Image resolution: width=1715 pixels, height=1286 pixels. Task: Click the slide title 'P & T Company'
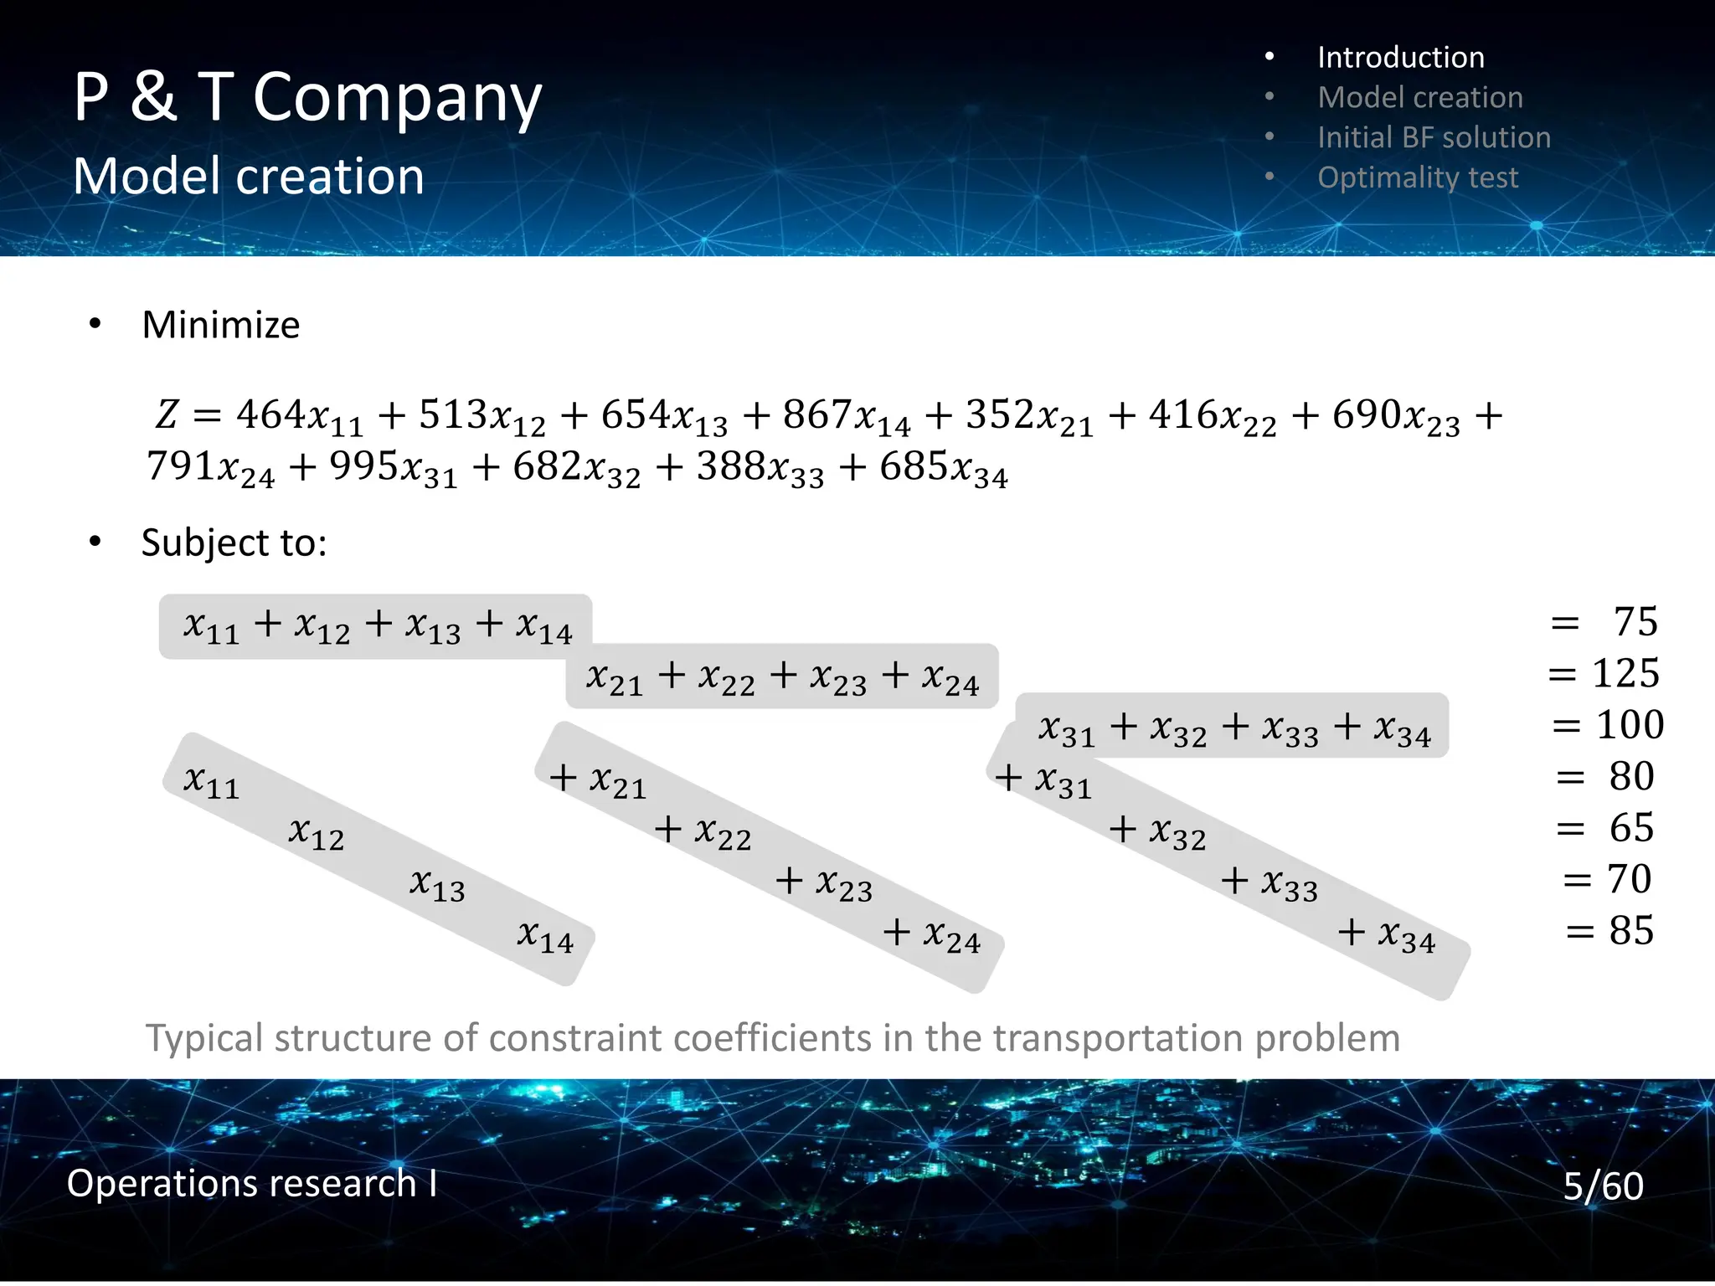point(307,98)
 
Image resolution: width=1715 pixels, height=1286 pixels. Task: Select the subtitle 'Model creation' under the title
point(249,177)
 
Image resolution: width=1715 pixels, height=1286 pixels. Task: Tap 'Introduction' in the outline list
point(1400,58)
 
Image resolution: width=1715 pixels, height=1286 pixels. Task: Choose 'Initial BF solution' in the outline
point(1434,137)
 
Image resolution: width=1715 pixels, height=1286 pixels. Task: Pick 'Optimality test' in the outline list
point(1417,177)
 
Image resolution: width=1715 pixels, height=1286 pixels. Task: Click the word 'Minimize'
point(220,325)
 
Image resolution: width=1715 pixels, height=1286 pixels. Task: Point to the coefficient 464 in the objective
point(270,414)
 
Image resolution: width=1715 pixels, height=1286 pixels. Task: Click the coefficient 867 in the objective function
point(817,414)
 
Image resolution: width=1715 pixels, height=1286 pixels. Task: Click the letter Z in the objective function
point(167,414)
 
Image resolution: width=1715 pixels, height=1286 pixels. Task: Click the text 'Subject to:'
point(234,543)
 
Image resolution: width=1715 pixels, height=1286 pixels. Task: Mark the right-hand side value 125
point(1625,673)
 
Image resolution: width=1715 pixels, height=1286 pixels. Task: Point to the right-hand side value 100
point(1630,725)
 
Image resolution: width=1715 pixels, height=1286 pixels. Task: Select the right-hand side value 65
point(1631,828)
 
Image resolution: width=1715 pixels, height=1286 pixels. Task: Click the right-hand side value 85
point(1631,930)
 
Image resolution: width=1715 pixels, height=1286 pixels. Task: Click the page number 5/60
point(1603,1186)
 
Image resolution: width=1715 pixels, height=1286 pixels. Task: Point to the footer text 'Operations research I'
point(252,1183)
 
